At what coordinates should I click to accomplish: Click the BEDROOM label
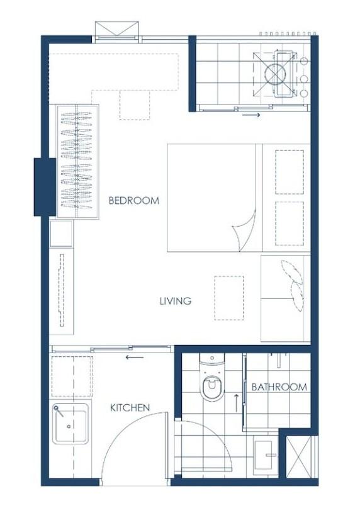tap(134, 200)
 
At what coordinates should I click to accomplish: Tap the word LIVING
tap(176, 301)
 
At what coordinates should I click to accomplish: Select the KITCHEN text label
tap(130, 407)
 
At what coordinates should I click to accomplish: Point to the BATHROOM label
tap(279, 387)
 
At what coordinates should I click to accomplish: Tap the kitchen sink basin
tap(70, 424)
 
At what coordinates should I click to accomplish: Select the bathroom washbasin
tap(266, 455)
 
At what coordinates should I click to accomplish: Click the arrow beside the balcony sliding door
tap(251, 115)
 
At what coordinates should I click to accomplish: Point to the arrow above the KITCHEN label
tap(135, 357)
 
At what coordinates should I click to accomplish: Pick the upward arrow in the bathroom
tap(237, 403)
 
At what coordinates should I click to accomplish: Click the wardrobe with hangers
tap(77, 161)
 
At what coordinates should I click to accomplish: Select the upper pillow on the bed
tap(290, 172)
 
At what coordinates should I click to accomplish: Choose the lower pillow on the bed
tap(290, 223)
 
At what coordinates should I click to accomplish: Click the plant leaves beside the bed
tap(293, 285)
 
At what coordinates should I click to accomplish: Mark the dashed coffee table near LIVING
tap(228, 298)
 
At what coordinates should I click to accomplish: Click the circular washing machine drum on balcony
tap(274, 74)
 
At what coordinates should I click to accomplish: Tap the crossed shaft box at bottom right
tap(299, 456)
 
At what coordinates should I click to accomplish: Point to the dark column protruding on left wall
tap(45, 187)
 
